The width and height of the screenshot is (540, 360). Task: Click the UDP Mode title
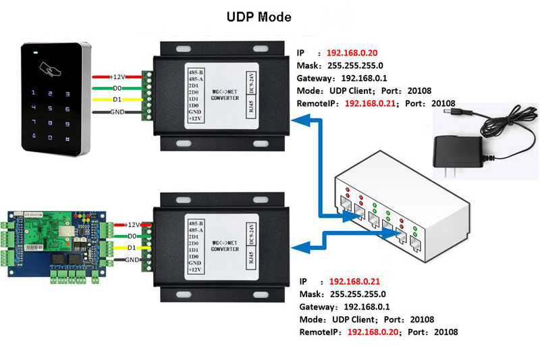(259, 17)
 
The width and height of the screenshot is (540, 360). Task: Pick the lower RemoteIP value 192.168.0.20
(373, 332)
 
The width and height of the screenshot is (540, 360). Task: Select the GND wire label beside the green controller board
(132, 260)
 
